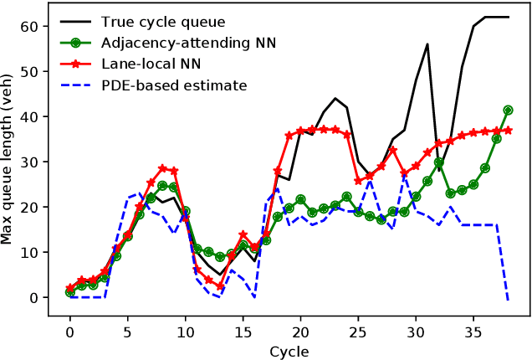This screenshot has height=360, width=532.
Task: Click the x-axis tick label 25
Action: [358, 332]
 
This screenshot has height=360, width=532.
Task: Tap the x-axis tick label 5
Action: [128, 332]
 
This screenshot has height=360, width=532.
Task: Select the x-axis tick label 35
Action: [473, 332]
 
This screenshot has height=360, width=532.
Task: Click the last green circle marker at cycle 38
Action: [508, 110]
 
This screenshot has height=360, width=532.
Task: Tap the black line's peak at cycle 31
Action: [427, 44]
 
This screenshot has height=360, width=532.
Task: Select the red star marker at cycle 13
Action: [220, 286]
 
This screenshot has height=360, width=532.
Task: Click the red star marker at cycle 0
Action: [70, 288]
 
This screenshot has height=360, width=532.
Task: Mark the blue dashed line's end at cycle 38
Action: [508, 300]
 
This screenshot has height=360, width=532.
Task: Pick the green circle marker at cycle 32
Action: [439, 162]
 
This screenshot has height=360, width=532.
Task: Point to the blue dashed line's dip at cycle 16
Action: [254, 297]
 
